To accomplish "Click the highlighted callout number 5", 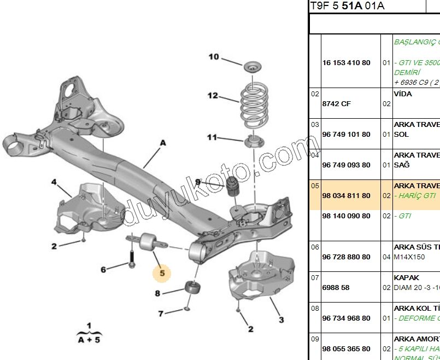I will (x=162, y=272).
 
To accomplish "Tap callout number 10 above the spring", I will (x=213, y=56).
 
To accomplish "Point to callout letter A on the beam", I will (x=162, y=142).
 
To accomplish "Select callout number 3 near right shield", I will (x=281, y=320).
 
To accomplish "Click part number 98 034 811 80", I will (x=346, y=195).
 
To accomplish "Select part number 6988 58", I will (x=335, y=287).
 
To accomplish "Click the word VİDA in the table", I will (x=403, y=94).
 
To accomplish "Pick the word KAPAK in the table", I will (x=406, y=277).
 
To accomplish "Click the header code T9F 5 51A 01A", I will (x=347, y=6).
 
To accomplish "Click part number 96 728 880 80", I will (x=346, y=257).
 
